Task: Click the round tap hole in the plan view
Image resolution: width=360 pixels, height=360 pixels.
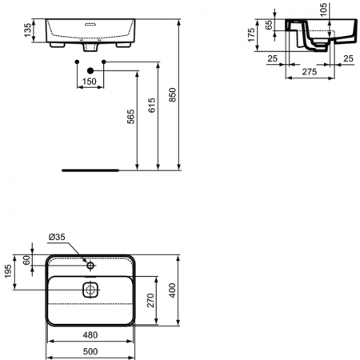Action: tap(90, 265)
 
